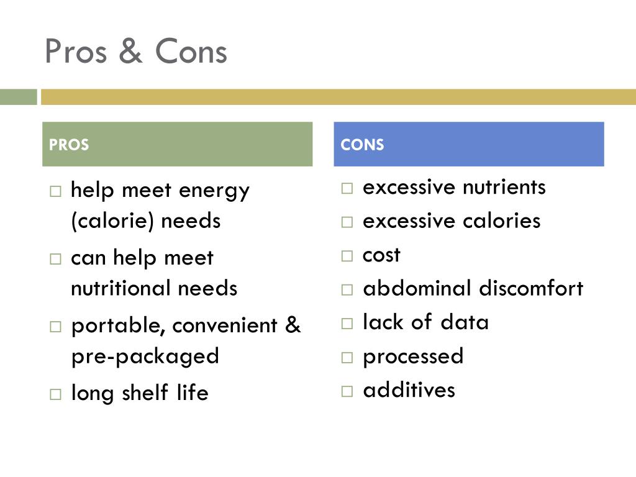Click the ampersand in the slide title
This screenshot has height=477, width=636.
[130, 52]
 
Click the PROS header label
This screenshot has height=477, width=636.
[69, 145]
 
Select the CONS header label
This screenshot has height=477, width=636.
[362, 145]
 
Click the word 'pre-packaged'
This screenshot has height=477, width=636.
[145, 357]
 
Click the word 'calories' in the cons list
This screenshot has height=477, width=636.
[502, 221]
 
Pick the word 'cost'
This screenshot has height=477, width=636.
[381, 255]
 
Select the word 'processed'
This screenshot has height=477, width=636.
[413, 357]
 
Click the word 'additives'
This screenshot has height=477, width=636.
[409, 390]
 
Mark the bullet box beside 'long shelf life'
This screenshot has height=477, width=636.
[56, 394]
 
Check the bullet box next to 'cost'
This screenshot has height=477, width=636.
[347, 255]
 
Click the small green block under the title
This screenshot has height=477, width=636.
[19, 97]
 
